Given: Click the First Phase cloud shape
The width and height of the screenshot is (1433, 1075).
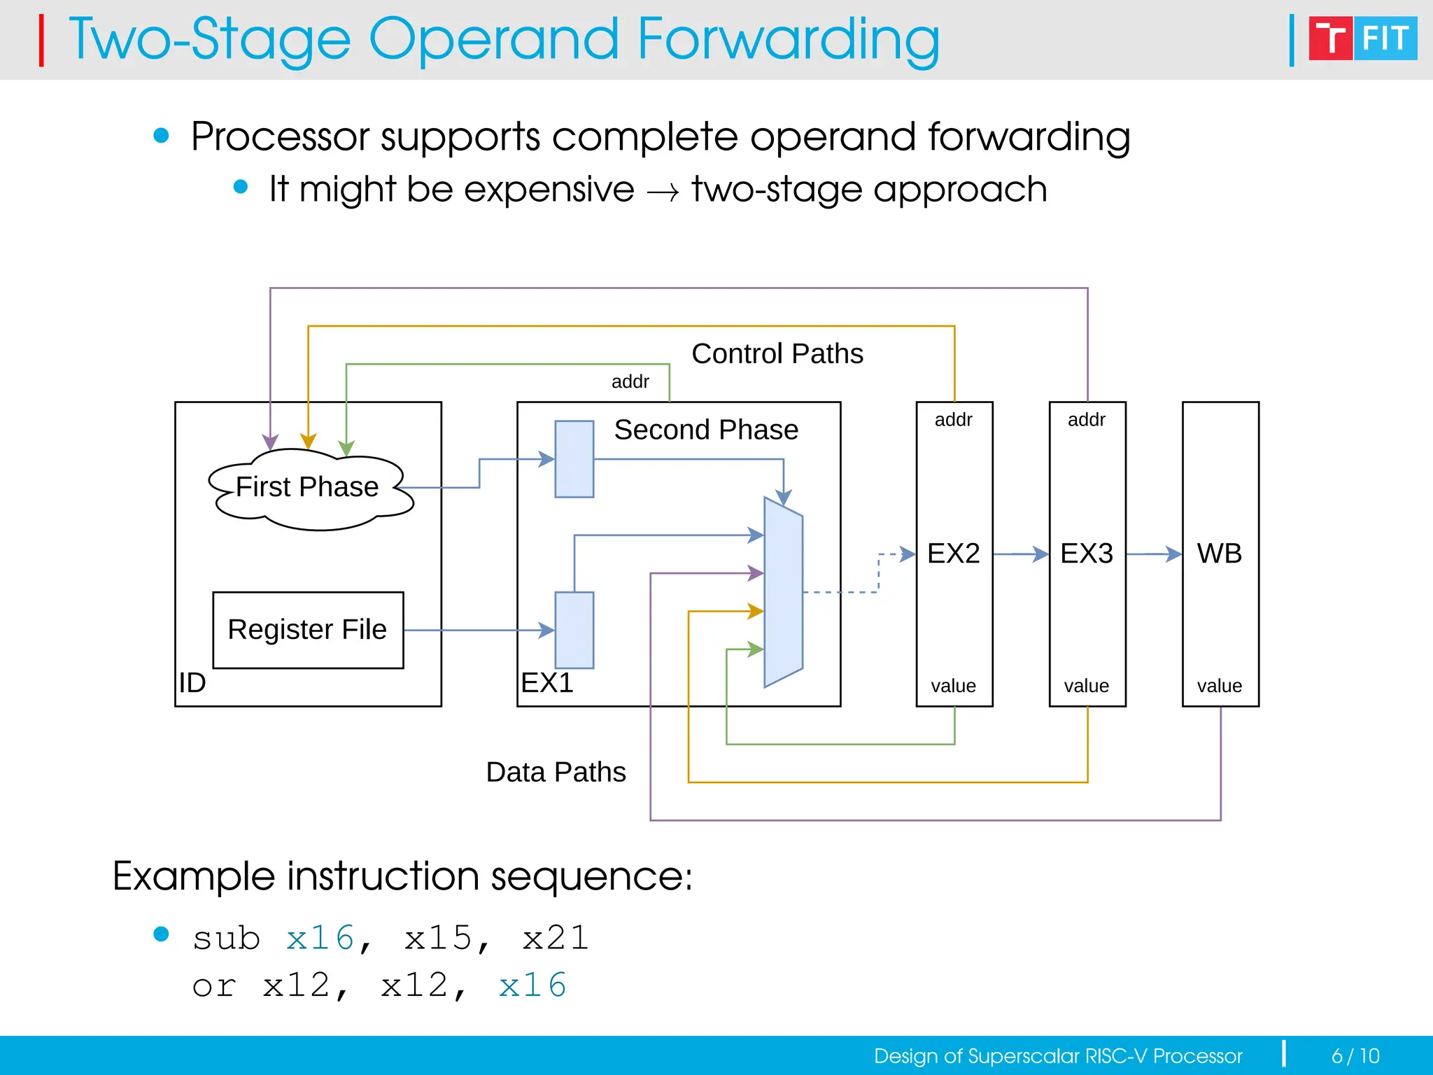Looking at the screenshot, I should coord(308,488).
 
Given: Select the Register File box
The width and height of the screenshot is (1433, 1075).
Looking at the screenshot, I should coord(308,630).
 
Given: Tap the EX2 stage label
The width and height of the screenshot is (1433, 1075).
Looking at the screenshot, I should coord(953,554).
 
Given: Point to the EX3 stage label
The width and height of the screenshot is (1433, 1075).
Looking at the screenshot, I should coord(1086,554).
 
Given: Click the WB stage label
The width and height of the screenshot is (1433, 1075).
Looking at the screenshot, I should coord(1219,554).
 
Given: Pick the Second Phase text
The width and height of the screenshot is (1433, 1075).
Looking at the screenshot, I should coord(706,430).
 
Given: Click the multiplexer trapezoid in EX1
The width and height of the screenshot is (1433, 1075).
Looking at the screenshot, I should coord(783,592).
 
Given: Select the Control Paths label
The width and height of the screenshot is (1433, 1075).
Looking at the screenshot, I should coord(777,353).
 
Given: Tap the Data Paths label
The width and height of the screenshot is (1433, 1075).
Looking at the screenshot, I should coord(556,772).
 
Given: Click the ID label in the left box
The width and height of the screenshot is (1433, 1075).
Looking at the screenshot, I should coord(192,682).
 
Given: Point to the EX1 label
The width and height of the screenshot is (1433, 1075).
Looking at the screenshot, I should coord(547,682).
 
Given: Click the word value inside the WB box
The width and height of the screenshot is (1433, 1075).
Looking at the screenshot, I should coord(1219,686).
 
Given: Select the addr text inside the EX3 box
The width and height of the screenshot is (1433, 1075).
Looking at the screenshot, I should coord(1086,420).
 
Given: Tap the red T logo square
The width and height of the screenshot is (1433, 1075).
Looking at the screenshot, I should coord(1329,38).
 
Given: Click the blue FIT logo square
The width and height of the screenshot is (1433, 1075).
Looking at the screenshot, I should coord(1385,38).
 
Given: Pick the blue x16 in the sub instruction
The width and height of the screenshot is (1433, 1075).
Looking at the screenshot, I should coord(320,938).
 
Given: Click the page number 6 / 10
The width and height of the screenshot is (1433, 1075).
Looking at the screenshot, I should coord(1355,1055).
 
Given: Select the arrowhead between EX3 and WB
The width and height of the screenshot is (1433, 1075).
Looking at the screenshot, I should coord(1173,554).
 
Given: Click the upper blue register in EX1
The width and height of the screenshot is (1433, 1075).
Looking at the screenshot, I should coord(574,459).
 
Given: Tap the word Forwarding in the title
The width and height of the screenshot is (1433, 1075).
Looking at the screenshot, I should coord(788,40).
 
